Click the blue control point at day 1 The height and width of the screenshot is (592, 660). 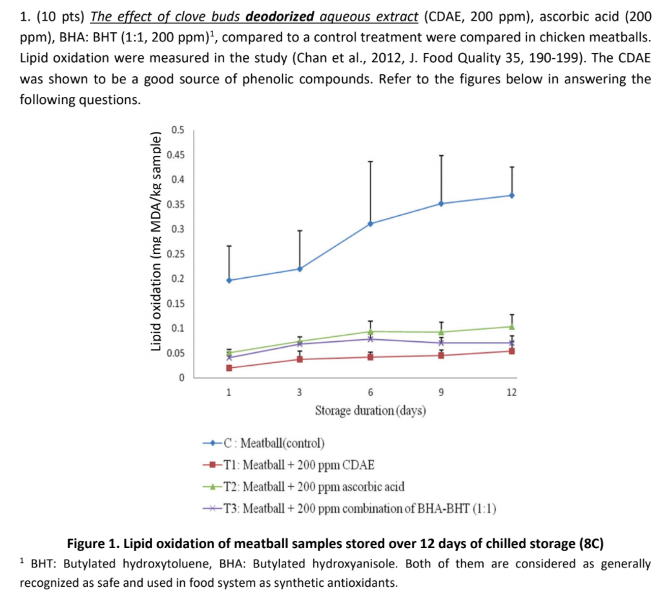tap(229, 280)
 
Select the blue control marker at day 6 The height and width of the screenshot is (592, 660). tap(371, 224)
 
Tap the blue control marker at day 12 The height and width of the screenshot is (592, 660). tap(511, 195)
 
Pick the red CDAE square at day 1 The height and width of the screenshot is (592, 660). tap(229, 368)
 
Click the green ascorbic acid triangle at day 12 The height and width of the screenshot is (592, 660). tap(511, 326)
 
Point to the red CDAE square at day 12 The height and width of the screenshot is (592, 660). tap(511, 351)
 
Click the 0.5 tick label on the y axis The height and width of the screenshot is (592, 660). tap(178, 130)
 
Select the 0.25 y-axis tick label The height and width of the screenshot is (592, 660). tap(176, 254)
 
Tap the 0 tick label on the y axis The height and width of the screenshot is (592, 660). tap(181, 377)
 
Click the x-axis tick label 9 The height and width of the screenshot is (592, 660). tap(441, 392)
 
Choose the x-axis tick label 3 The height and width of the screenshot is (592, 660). tap(300, 392)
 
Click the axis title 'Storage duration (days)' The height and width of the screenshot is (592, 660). tap(370, 411)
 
